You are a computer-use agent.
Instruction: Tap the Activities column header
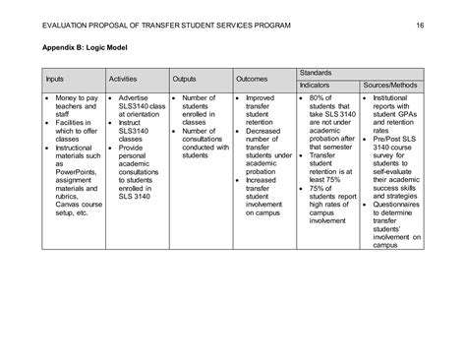(x=123, y=78)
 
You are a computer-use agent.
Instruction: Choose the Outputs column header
(x=185, y=78)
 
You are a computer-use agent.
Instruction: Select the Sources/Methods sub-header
(x=391, y=86)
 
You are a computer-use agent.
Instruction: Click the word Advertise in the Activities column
(x=134, y=99)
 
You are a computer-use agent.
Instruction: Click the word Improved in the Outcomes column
(x=261, y=99)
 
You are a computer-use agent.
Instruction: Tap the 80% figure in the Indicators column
(x=317, y=99)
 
